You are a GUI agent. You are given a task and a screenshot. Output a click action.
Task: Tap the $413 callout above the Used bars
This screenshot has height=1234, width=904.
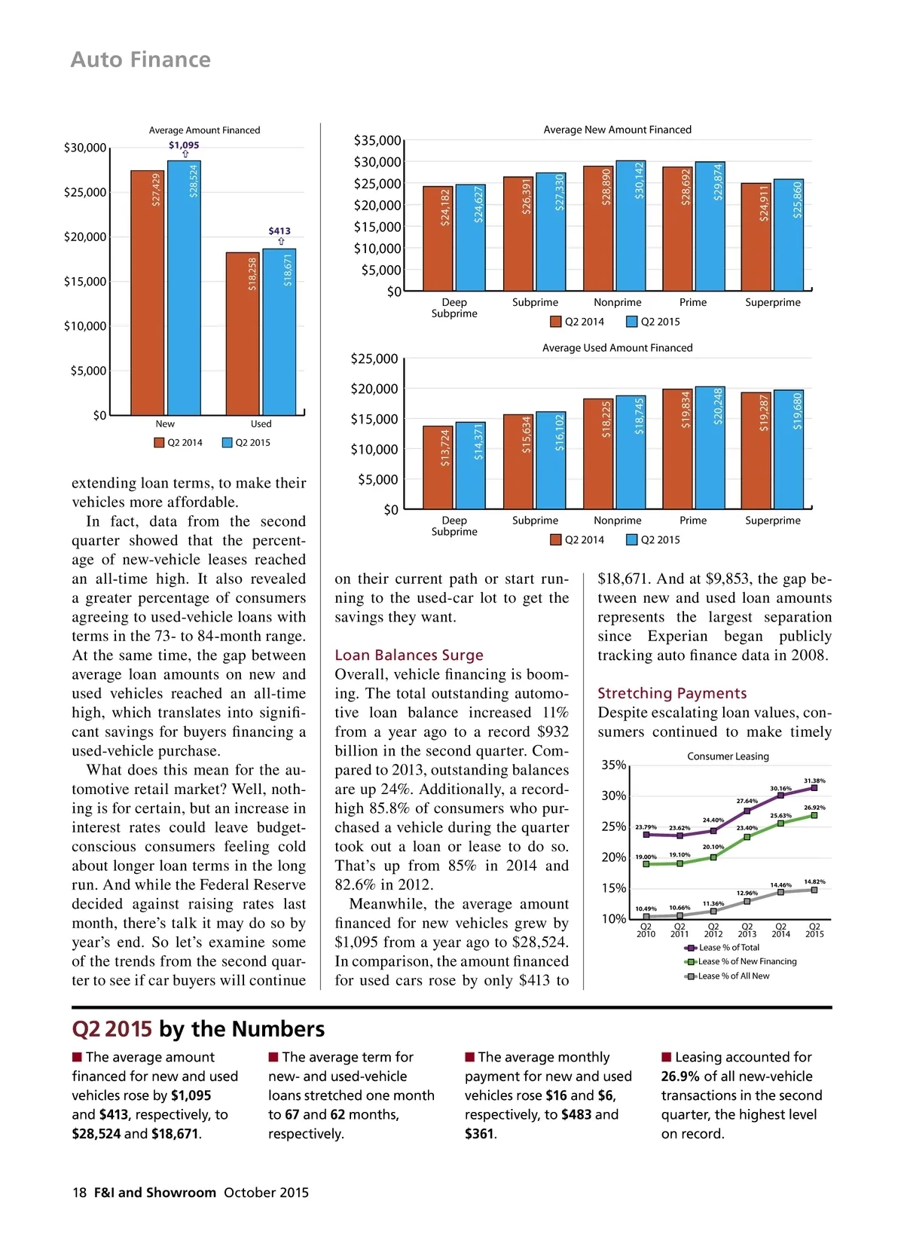tap(279, 231)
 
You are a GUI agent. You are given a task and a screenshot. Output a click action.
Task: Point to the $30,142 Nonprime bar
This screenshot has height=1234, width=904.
tap(631, 225)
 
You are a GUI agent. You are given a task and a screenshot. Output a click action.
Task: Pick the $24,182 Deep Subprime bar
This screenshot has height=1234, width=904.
tap(438, 238)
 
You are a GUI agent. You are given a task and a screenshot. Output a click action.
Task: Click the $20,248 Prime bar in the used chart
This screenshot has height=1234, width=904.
tap(710, 447)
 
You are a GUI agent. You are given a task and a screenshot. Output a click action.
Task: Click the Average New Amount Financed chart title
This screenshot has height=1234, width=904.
tap(617, 130)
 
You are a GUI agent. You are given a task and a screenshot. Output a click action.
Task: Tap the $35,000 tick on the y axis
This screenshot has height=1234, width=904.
tap(377, 141)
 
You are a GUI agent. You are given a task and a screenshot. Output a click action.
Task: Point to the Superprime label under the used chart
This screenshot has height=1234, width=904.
tap(773, 521)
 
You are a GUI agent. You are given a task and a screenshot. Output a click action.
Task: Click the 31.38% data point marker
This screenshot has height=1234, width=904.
tap(814, 788)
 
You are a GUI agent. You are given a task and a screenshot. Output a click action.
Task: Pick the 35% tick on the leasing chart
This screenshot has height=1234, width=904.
tap(613, 765)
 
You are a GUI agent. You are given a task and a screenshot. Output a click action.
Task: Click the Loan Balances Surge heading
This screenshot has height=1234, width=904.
tap(409, 655)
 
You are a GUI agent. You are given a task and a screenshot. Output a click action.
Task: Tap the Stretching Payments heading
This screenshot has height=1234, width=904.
tap(672, 693)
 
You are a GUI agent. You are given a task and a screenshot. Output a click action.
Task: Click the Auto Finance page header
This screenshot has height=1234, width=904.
tap(141, 60)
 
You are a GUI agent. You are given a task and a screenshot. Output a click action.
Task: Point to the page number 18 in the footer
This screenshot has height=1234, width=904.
tap(79, 1193)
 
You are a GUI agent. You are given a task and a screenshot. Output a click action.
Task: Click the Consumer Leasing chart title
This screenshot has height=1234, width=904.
tap(728, 756)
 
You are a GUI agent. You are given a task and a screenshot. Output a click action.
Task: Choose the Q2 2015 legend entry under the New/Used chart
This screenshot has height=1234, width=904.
tap(246, 443)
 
